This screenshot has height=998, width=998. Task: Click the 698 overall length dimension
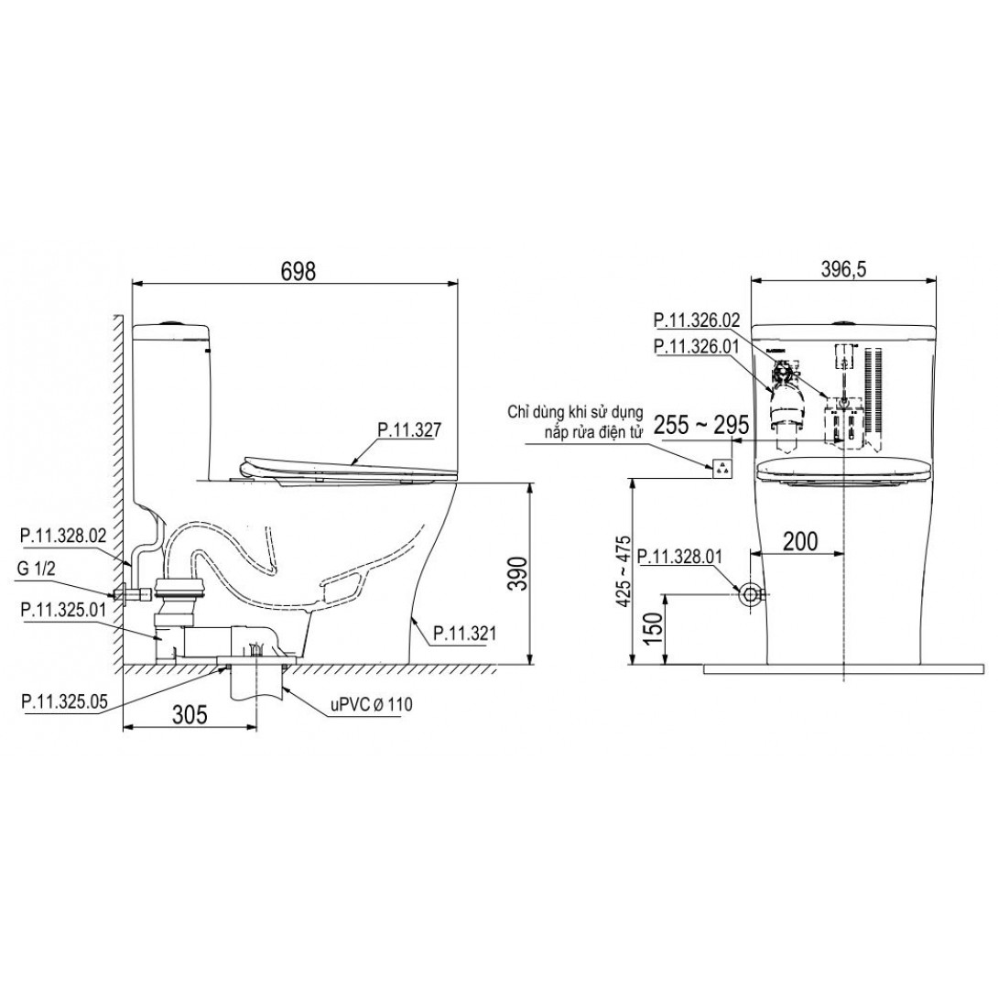coord(298,271)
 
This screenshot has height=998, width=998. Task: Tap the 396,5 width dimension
coord(844,270)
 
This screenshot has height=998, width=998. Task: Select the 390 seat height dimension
coord(519,573)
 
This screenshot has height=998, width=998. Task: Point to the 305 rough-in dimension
coord(190,715)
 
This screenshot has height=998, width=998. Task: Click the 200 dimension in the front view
coord(800,541)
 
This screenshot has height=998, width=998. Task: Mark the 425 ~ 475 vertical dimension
coord(624,571)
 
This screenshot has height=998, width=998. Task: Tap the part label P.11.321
coord(464,634)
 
